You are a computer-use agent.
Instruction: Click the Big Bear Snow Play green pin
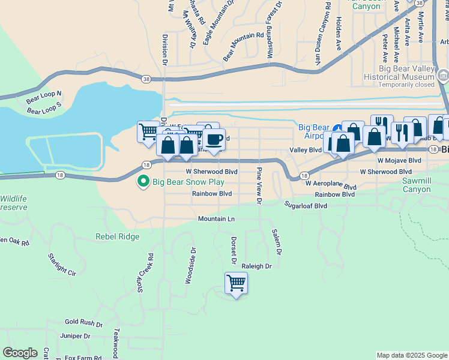pos(143,181)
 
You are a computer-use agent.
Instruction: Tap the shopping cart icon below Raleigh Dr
pos(236,283)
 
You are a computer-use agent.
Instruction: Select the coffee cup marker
pos(214,140)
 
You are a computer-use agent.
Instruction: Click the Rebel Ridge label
pos(117,236)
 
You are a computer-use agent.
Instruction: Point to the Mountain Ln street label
pos(217,219)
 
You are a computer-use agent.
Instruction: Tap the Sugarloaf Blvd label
pos(306,205)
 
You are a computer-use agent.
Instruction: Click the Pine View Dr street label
pos(259,187)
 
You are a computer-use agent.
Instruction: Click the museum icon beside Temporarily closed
pos(443,76)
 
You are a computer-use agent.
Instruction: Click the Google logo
pos(20,353)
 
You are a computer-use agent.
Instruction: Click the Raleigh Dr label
pos(257,266)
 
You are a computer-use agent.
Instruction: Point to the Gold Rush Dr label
pos(85,322)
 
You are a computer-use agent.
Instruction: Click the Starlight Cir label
pos(62,264)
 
